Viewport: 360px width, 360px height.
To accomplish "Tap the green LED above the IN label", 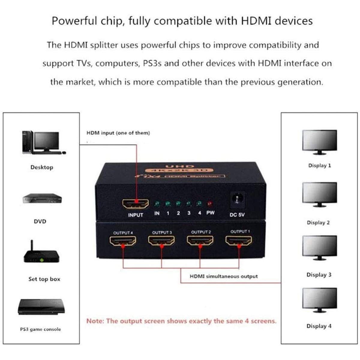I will pyautogui.click(x=157, y=205).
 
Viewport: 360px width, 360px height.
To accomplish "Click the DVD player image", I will pyautogui.click(x=42, y=199).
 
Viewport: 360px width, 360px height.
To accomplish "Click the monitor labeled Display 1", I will pyautogui.click(x=319, y=142).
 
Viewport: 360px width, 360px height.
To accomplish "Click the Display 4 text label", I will pyautogui.click(x=319, y=326).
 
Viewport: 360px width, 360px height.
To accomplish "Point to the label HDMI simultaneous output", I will pyautogui.click(x=223, y=276).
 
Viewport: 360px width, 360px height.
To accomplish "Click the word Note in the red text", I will pyautogui.click(x=95, y=321).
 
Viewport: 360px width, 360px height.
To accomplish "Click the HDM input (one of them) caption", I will pyautogui.click(x=118, y=133).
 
